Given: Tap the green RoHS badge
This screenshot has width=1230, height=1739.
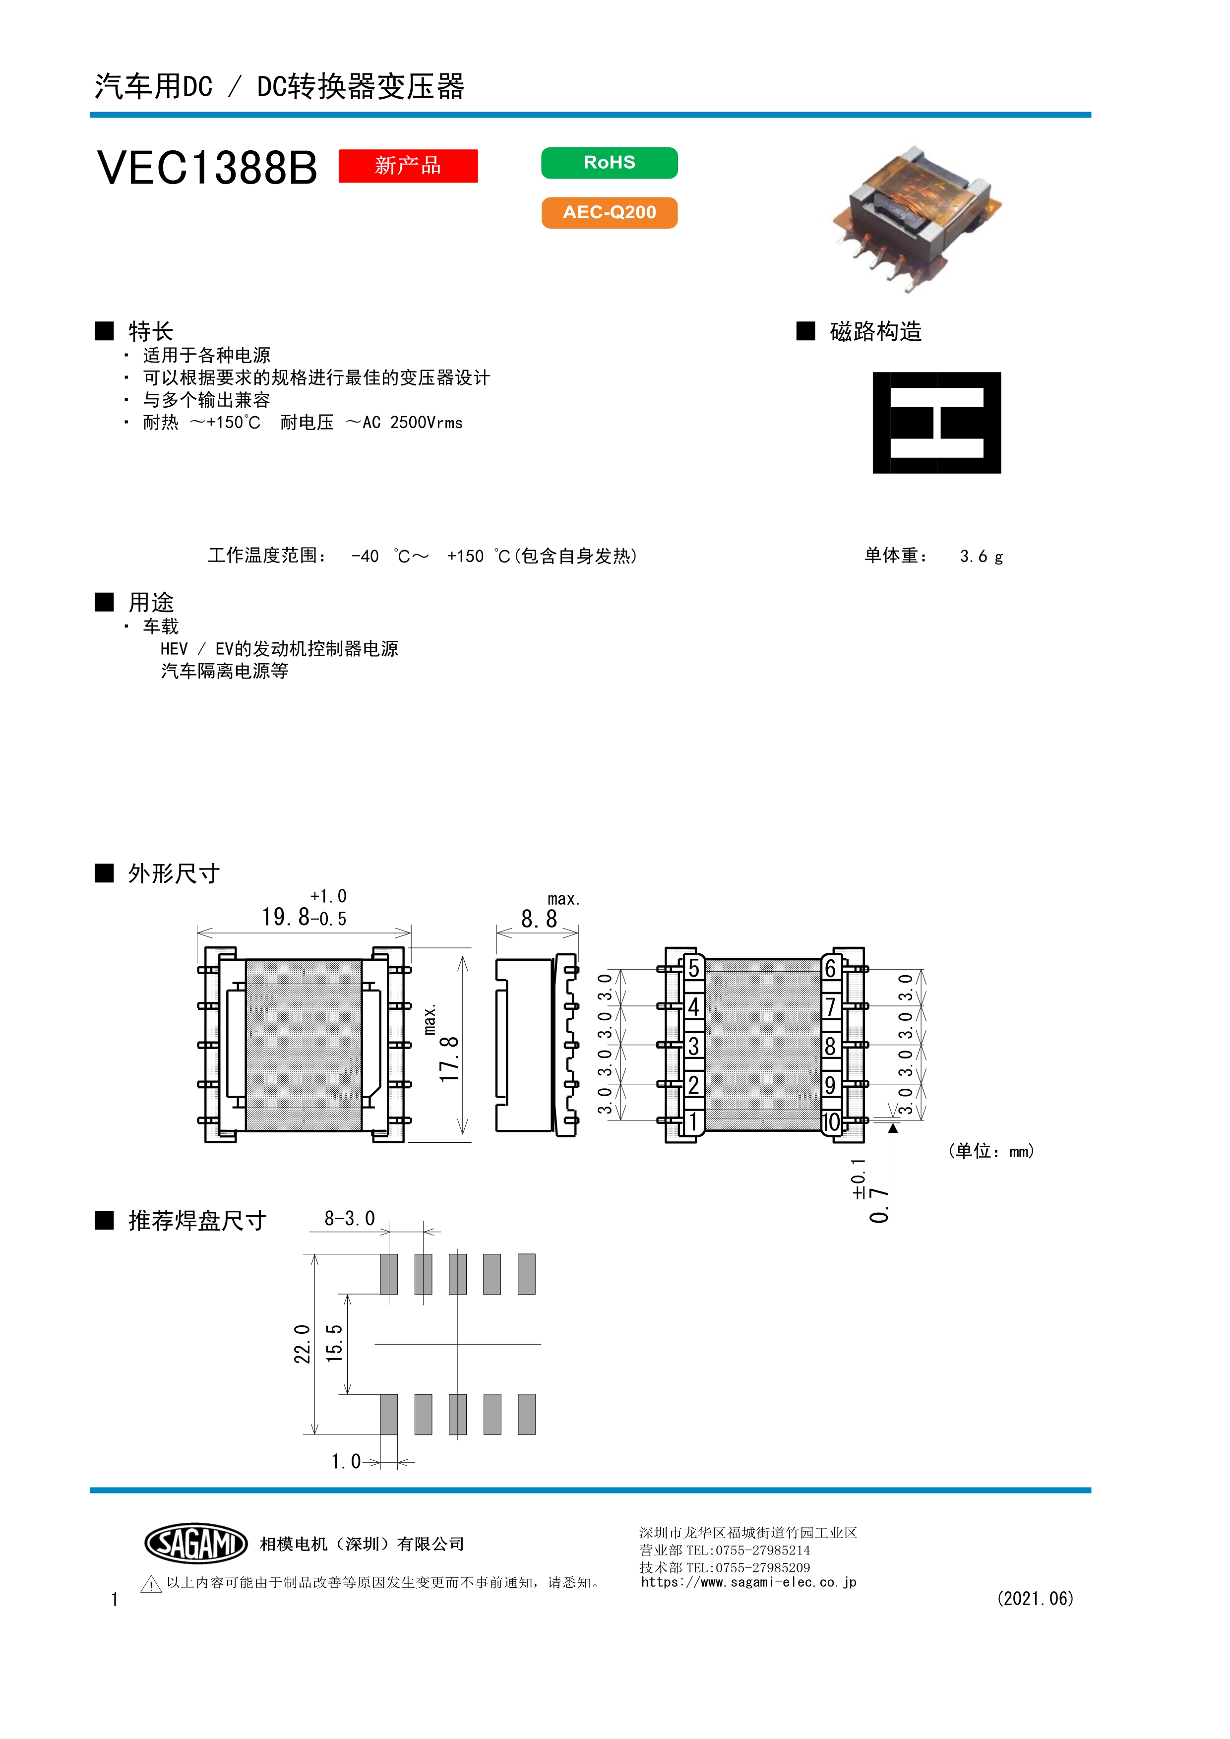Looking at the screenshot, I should pyautogui.click(x=609, y=163).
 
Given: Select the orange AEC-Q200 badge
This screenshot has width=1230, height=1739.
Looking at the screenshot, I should pyautogui.click(x=609, y=212).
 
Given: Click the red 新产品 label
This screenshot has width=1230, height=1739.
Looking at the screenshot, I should pyautogui.click(x=408, y=165).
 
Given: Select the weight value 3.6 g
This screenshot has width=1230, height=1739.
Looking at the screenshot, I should pyautogui.click(x=981, y=556).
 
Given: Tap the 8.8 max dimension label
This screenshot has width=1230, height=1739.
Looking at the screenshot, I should pyautogui.click(x=539, y=919).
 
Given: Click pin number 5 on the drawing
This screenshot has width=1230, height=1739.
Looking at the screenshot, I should pyautogui.click(x=693, y=968).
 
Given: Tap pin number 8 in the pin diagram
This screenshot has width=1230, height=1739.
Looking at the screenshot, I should pyautogui.click(x=830, y=1046).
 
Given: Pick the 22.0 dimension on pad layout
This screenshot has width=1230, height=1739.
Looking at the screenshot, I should pyautogui.click(x=302, y=1344).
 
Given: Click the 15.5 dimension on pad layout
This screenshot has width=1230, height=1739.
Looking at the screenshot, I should pyautogui.click(x=334, y=1344).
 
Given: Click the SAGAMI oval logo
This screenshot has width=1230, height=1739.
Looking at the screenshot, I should pyautogui.click(x=196, y=1544).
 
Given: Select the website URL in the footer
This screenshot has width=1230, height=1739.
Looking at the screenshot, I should pyautogui.click(x=748, y=1582).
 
